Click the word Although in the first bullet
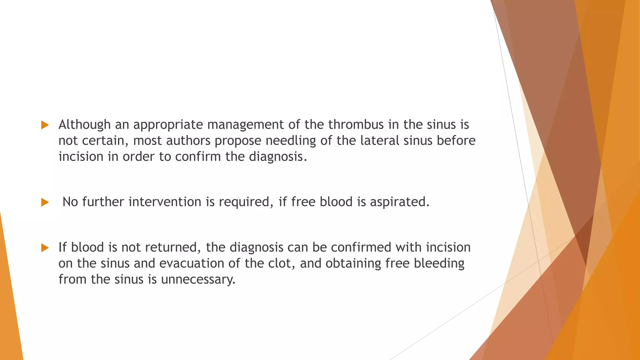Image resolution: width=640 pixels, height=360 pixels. [84, 125]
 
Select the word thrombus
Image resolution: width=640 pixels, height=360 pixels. [356, 125]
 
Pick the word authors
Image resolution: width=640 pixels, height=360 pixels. [188, 141]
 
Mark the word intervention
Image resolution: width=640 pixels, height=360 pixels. [165, 202]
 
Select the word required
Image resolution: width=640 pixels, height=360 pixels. [244, 202]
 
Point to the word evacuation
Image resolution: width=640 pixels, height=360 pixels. [192, 263]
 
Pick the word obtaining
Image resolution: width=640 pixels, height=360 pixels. [353, 263]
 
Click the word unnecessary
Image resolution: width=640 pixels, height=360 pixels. [198, 279]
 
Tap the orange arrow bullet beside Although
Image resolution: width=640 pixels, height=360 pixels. [45, 125]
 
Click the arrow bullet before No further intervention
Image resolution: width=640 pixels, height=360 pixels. [45, 202]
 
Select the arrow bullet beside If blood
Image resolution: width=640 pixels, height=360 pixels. [45, 248]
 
